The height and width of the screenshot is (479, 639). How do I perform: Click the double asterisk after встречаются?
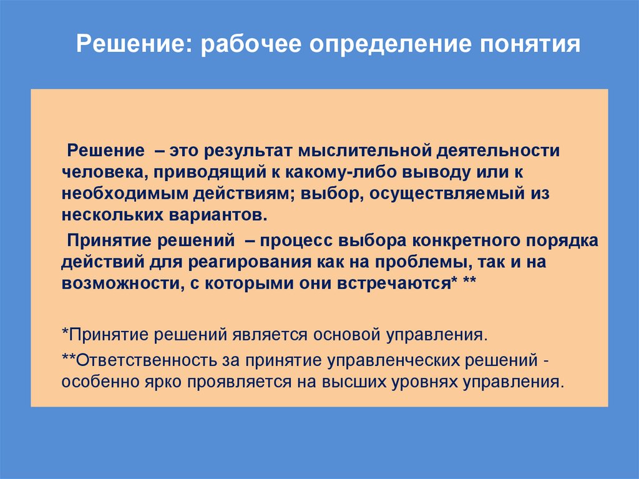point(470,282)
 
